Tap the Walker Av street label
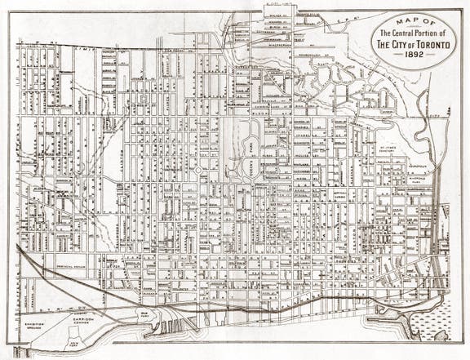[278, 14]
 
